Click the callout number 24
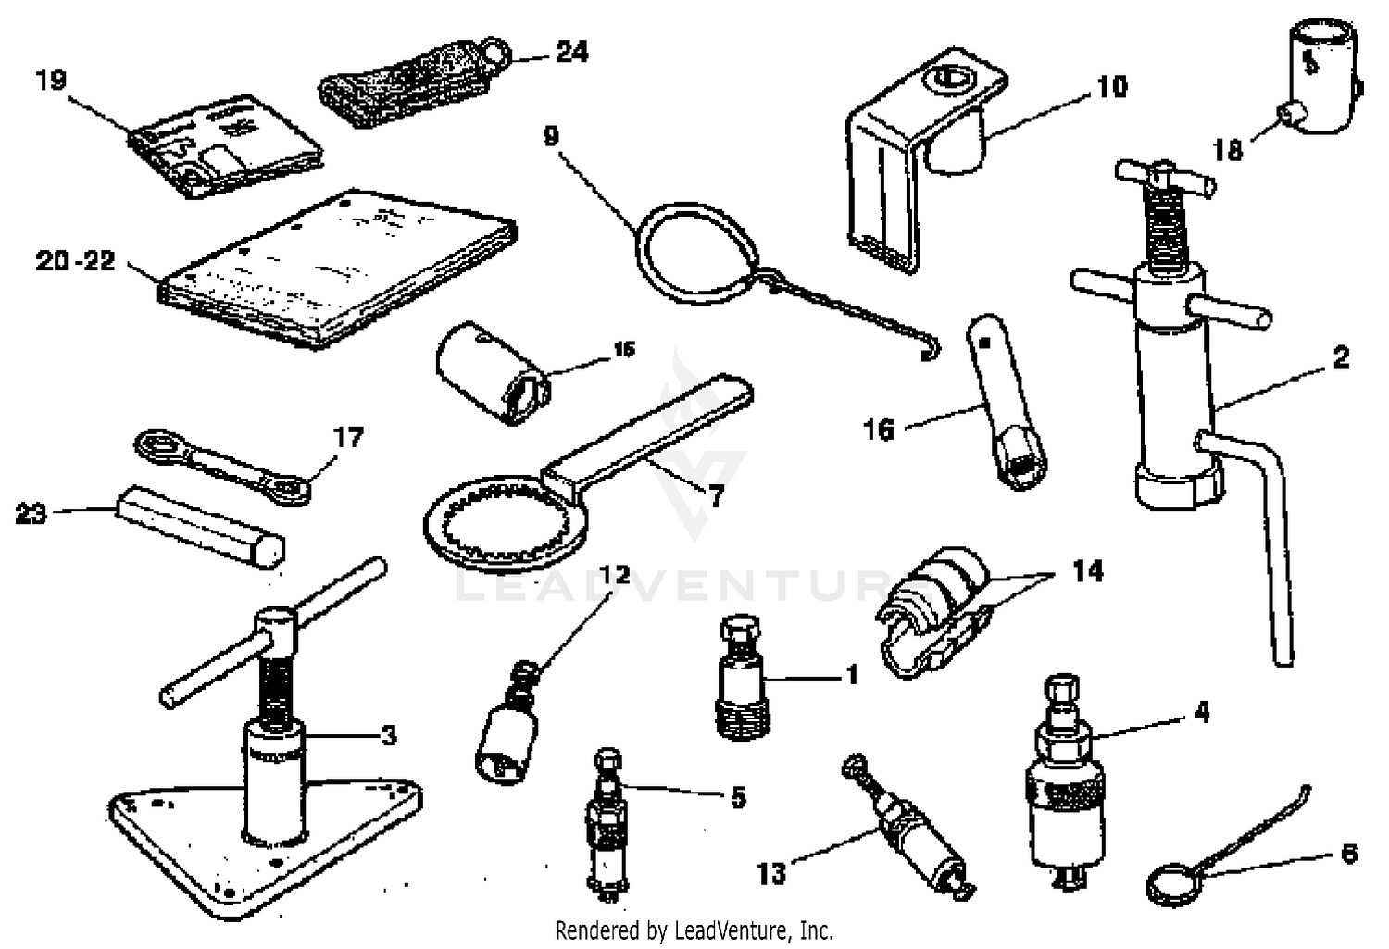click(571, 52)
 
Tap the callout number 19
click(52, 81)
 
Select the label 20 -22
click(76, 261)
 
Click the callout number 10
click(1111, 87)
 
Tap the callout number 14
click(1087, 571)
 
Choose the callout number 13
click(770, 872)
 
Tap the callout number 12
click(614, 575)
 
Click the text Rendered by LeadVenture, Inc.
click(694, 930)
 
